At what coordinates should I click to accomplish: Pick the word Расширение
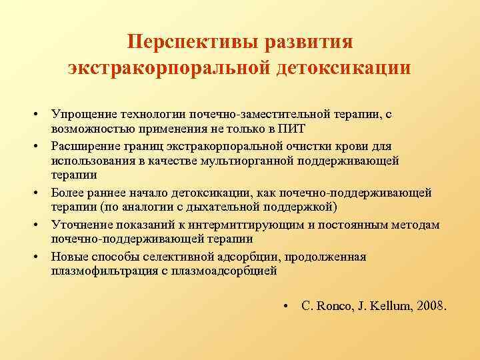tap(86, 146)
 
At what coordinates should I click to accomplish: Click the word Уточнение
tap(82, 225)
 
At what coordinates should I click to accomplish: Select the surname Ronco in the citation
tap(331, 306)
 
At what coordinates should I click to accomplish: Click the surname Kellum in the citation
tap(387, 306)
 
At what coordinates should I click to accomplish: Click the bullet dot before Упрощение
tap(41, 115)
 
